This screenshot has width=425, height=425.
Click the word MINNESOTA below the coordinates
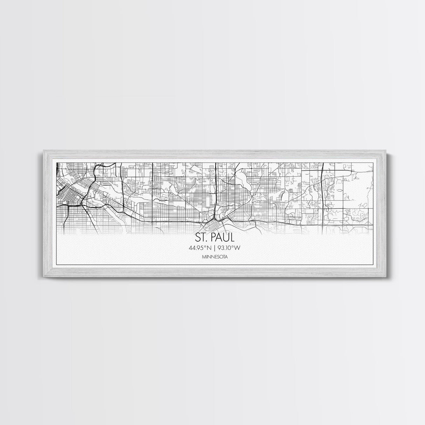(x=213, y=257)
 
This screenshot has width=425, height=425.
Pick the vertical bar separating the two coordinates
(x=213, y=248)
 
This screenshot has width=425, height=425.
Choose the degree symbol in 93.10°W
(x=232, y=247)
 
